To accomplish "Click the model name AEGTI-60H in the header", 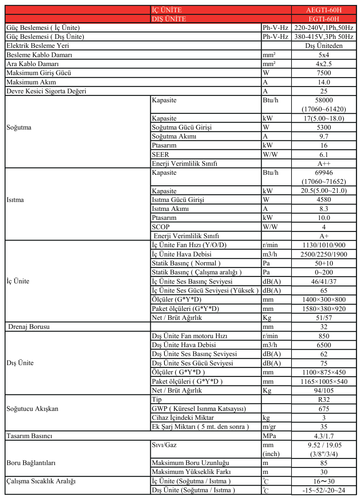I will click(324, 10).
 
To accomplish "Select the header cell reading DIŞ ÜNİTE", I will click(169, 19).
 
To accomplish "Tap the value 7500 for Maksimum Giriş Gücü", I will click(324, 73).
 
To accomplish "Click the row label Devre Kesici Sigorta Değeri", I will click(46, 91).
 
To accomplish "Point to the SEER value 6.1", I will click(324, 155).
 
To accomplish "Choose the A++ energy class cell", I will click(324, 163).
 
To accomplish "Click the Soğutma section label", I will click(19, 127).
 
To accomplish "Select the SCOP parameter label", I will click(160, 227).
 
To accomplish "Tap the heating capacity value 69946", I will click(324, 173).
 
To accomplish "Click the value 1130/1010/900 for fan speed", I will click(324, 245).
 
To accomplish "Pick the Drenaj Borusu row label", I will click(29, 327).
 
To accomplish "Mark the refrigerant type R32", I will click(324, 400).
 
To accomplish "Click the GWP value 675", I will click(324, 409).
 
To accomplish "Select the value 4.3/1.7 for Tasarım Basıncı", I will click(324, 436).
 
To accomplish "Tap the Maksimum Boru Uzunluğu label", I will click(190, 463).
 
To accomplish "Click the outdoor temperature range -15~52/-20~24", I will click(324, 490).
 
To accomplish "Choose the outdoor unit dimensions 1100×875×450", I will click(324, 372).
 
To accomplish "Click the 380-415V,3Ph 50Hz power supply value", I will click(324, 37).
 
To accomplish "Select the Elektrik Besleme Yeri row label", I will click(38, 46).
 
